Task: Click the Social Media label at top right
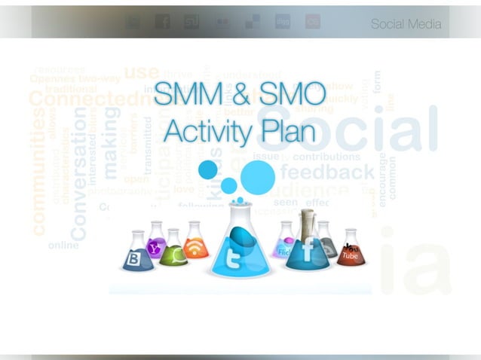405,25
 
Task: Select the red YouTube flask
350,252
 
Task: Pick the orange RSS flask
195,245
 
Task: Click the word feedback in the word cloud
327,172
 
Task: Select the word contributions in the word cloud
326,157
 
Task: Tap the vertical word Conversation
78,173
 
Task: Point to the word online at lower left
63,245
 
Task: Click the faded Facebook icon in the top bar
162,22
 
